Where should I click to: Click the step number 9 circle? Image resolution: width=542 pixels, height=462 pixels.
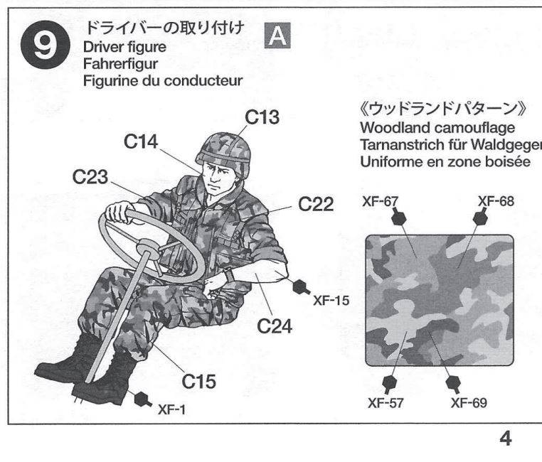coord(45,45)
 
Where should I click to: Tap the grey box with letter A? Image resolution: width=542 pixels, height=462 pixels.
coord(277,36)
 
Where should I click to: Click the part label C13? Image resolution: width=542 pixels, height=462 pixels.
coord(262,117)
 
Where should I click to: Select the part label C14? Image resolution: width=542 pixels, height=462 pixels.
coord(141,141)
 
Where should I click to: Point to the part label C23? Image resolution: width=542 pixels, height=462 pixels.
coord(90,177)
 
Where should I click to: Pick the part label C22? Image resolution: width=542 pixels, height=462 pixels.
coord(316,204)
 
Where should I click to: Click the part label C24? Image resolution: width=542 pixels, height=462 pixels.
coord(275,326)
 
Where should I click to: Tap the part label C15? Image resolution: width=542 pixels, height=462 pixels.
coord(198,381)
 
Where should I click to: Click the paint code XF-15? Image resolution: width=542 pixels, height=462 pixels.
coord(331,301)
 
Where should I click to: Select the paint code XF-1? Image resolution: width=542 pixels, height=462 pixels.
coord(172,409)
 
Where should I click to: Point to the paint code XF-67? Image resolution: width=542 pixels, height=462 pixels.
coord(381,201)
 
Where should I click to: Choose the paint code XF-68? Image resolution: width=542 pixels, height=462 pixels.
coord(496,201)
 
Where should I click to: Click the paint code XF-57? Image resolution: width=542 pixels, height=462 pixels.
coord(386,403)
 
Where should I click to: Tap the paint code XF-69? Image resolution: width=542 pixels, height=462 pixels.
coord(469,403)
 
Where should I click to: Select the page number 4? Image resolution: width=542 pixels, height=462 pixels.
coord(505,439)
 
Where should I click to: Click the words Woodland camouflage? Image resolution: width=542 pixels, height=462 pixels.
coord(437,128)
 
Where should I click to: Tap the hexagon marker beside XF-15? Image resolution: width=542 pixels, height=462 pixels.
coord(299,286)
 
